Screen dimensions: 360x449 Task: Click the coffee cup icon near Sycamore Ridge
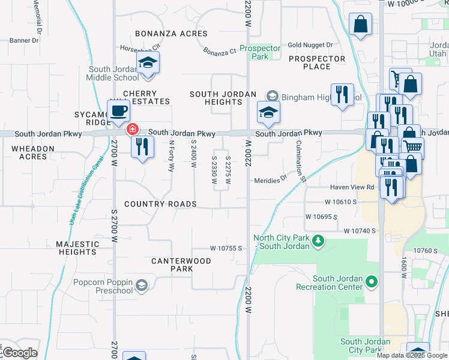(118, 110)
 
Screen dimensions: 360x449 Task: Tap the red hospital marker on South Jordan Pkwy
(131, 129)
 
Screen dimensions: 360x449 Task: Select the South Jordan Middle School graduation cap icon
(148, 62)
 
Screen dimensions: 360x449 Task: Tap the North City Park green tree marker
(318, 241)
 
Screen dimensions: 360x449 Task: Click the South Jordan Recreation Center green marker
(372, 281)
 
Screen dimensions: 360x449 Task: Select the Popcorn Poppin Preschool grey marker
(141, 285)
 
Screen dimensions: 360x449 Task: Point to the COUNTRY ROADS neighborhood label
(160, 204)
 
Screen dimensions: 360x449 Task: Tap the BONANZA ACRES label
(171, 34)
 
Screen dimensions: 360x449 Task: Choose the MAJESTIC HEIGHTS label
(77, 248)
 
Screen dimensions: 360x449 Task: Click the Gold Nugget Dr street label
(310, 45)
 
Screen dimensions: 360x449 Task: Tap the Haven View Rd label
(354, 187)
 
